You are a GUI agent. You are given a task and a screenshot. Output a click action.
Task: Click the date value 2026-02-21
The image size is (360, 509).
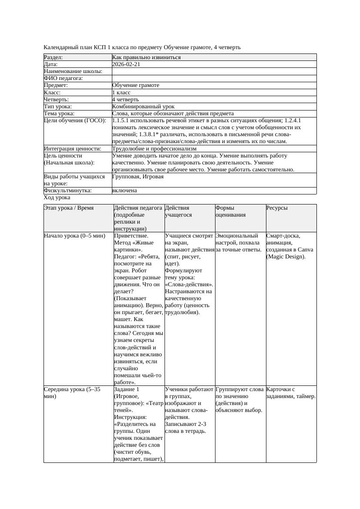[126, 64]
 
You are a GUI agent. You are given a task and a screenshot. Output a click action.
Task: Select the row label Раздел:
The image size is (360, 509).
[54, 57]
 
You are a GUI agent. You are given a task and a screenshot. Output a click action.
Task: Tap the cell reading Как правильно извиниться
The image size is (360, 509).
[146, 57]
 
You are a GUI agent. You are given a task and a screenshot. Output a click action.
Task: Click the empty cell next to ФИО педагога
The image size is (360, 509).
[214, 78]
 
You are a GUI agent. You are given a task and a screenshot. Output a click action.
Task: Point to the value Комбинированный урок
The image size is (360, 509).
[143, 107]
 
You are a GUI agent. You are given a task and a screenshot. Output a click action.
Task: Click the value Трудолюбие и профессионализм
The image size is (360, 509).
[154, 149]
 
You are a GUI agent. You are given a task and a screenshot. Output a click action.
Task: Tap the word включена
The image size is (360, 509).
[124, 191]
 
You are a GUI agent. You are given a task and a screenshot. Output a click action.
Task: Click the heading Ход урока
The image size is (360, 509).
[57, 198]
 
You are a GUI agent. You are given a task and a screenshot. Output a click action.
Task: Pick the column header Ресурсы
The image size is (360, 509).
[277, 208]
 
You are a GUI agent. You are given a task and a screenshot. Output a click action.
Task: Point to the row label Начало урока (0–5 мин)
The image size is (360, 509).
[74, 236]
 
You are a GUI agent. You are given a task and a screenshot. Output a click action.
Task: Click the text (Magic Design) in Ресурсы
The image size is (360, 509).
[286, 257]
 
